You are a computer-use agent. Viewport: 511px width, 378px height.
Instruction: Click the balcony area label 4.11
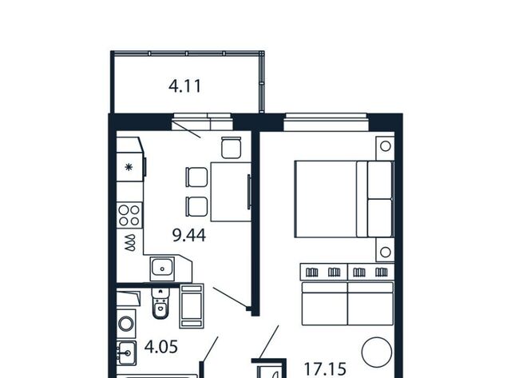coord(184,86)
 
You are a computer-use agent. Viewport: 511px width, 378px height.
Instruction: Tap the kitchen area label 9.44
coord(189,235)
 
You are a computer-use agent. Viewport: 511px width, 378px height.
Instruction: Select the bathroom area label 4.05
coord(161,346)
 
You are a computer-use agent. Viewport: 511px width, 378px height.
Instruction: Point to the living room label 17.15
coord(325,369)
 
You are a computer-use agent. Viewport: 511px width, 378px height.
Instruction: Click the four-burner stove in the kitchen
coord(129,215)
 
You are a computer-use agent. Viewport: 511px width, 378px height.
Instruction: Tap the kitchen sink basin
coord(162,269)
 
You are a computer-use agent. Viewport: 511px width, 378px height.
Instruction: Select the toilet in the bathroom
coord(160,304)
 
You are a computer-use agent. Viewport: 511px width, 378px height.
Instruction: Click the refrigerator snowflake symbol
coord(129,167)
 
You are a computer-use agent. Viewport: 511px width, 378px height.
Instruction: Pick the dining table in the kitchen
coord(231,192)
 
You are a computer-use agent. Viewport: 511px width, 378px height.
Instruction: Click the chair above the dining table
coord(231,148)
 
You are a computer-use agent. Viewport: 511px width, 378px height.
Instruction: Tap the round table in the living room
coord(377,352)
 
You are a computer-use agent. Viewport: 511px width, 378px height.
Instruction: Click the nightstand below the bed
coord(385,250)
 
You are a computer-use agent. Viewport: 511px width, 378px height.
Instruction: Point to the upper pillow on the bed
coord(380,180)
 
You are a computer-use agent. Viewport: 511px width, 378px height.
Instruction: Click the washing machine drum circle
coord(126,324)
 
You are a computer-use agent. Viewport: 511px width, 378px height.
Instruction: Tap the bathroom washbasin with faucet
coord(126,353)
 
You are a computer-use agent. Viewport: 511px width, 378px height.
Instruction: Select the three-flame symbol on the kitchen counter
coord(130,243)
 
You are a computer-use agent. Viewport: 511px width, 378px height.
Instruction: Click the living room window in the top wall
coord(326,122)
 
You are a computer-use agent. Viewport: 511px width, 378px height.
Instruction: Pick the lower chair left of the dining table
coord(196,206)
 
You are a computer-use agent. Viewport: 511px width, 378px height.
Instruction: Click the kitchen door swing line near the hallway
coord(230,297)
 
